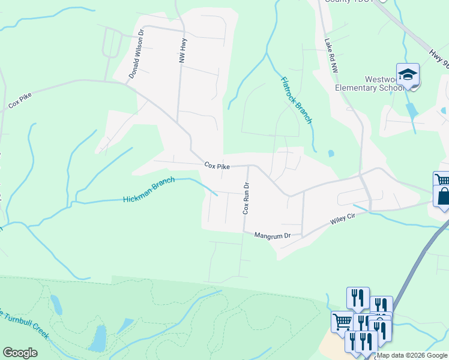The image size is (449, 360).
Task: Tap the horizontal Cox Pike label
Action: click(x=217, y=165)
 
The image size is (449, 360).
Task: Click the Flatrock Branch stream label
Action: click(x=297, y=100)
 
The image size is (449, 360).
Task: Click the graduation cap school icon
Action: click(x=408, y=75)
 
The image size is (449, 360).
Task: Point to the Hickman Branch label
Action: click(x=149, y=190)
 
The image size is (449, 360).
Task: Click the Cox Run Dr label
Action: click(x=246, y=199)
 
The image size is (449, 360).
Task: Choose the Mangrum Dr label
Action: click(x=272, y=235)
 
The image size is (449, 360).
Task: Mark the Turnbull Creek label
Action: click(x=24, y=325)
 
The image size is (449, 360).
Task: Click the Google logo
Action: click(x=20, y=353)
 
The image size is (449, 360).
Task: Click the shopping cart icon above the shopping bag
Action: click(x=442, y=181)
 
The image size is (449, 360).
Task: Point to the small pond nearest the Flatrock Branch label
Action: click(x=331, y=154)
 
